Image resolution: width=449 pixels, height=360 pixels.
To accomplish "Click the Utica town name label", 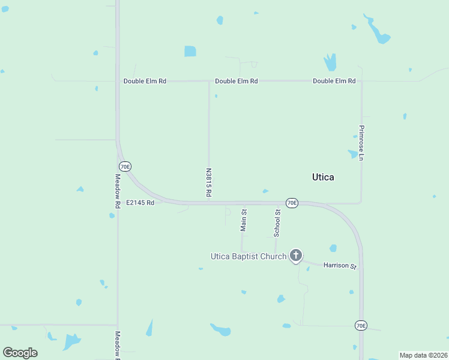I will tap(323, 177).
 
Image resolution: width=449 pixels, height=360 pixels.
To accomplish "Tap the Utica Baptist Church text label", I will tap(248, 256).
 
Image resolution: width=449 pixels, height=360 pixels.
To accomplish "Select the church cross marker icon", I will tap(295, 256).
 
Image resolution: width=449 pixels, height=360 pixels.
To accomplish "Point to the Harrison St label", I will tap(340, 265).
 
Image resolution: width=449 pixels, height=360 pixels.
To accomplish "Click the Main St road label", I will tap(244, 220).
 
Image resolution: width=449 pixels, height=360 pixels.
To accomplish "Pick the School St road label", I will tap(277, 222).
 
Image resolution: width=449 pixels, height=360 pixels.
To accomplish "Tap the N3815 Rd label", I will tap(209, 182).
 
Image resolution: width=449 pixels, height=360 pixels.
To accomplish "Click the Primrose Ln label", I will tap(361, 143).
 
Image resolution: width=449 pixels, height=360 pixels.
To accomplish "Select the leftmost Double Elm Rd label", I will tap(145, 81).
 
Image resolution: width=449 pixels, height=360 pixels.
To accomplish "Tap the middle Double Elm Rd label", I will tap(236, 81).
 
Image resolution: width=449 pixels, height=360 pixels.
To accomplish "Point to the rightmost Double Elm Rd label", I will tap(334, 81).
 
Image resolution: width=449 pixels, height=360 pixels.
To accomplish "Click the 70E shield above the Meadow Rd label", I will tap(125, 166).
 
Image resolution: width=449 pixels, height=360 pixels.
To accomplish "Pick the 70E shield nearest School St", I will tap(292, 203).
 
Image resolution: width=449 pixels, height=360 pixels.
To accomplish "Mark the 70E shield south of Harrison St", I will tap(360, 325).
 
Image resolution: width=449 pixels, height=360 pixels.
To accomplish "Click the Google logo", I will tap(20, 353).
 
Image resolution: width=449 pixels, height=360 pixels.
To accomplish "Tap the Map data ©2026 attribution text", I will tap(423, 355).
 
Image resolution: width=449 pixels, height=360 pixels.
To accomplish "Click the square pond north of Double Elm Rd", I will tap(190, 52).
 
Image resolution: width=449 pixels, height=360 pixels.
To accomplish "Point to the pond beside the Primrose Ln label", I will tap(352, 154).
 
